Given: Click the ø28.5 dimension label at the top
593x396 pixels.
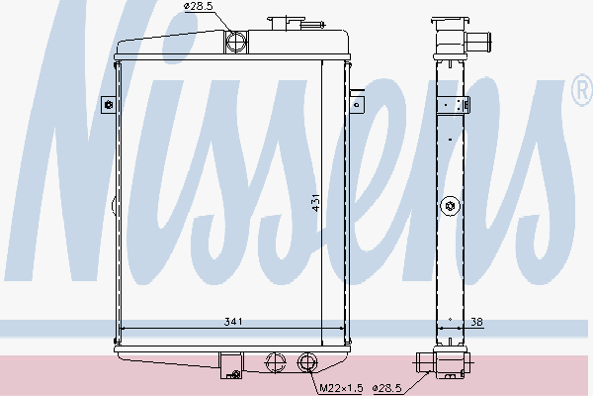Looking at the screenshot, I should pyautogui.click(x=198, y=8).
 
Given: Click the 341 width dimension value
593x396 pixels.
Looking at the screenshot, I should pyautogui.click(x=233, y=321).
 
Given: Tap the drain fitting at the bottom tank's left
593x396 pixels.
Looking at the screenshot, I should pyautogui.click(x=233, y=373).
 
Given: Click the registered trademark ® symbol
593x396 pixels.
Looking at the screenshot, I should pyautogui.click(x=581, y=92).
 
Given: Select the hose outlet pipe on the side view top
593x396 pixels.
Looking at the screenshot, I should pyautogui.click(x=480, y=42).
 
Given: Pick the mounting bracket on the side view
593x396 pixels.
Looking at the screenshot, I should pyautogui.click(x=455, y=103).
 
